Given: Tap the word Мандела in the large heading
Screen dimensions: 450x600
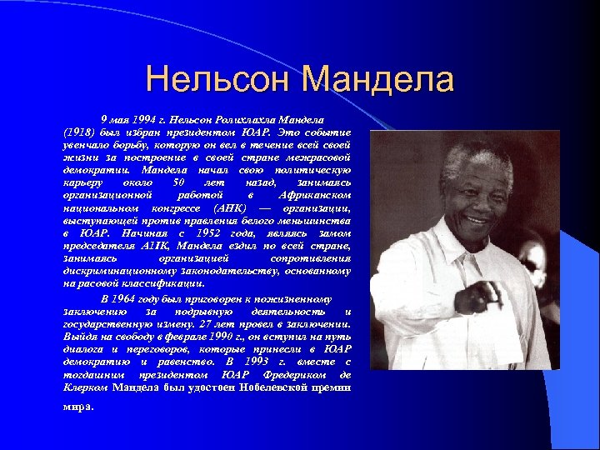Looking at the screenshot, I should pos(378,80).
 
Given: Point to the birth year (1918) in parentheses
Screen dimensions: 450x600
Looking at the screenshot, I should pos(77,132).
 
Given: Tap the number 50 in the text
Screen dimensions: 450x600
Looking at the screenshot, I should pos(175,182).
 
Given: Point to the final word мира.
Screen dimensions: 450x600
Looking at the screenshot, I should pos(78,407).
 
